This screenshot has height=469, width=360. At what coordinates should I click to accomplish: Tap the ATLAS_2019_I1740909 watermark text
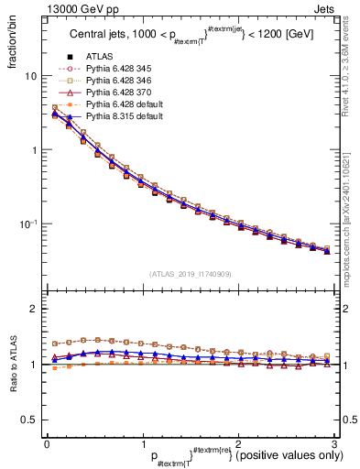coord(190,274)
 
